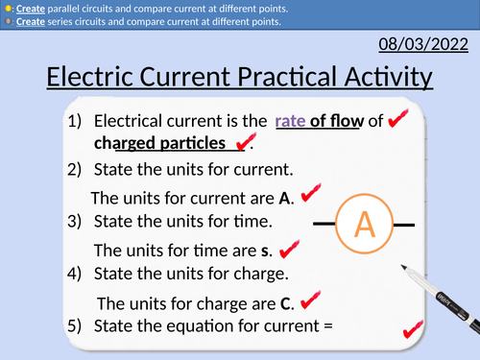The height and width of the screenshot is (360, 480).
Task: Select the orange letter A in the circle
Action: point(364,224)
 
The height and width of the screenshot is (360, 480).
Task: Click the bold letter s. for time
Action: point(266,251)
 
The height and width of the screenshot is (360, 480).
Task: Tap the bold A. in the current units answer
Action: point(284,199)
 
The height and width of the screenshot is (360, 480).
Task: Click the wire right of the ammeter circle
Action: point(404,225)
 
